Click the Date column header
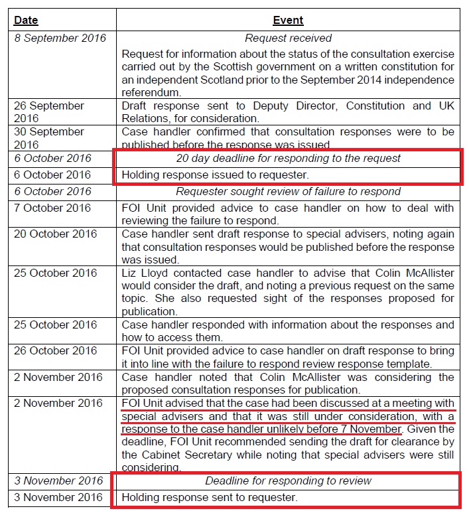click(27, 21)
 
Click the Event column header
click(288, 21)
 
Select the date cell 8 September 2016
click(60, 38)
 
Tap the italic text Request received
click(288, 38)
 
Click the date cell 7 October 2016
click(53, 208)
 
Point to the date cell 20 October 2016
click(56, 234)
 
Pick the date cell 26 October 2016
click(56, 351)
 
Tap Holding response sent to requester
click(210, 497)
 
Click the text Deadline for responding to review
click(288, 480)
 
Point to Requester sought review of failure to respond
click(288, 192)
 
